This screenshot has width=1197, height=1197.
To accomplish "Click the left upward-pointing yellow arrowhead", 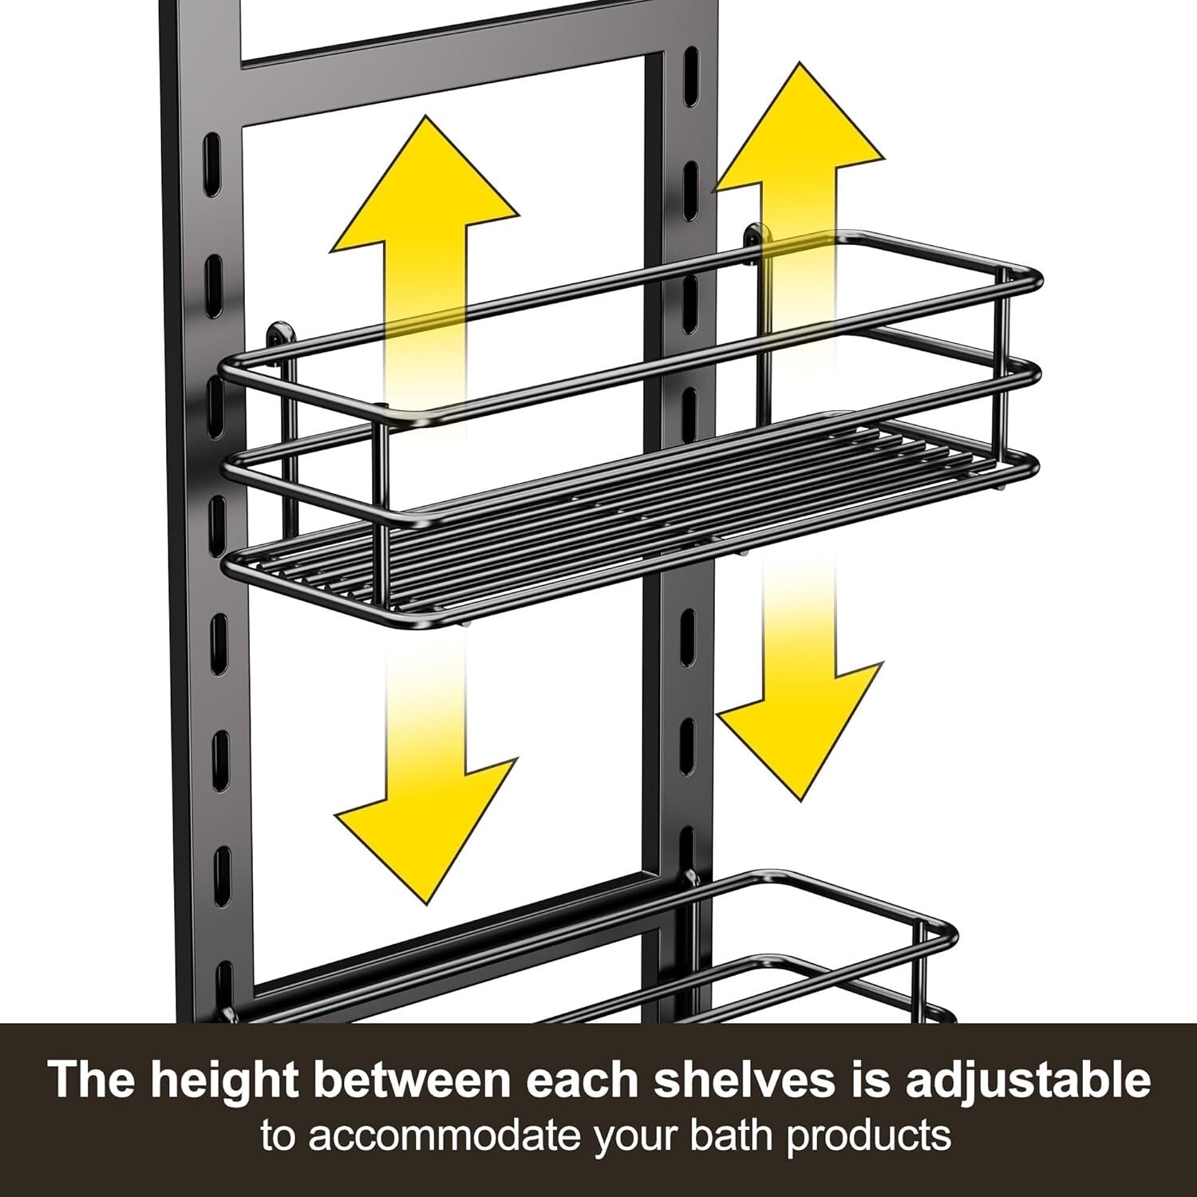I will click(425, 192).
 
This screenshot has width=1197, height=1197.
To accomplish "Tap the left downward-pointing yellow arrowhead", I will click(425, 830).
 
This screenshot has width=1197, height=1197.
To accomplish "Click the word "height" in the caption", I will click(224, 1080).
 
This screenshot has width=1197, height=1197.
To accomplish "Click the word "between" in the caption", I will click(411, 1080).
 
